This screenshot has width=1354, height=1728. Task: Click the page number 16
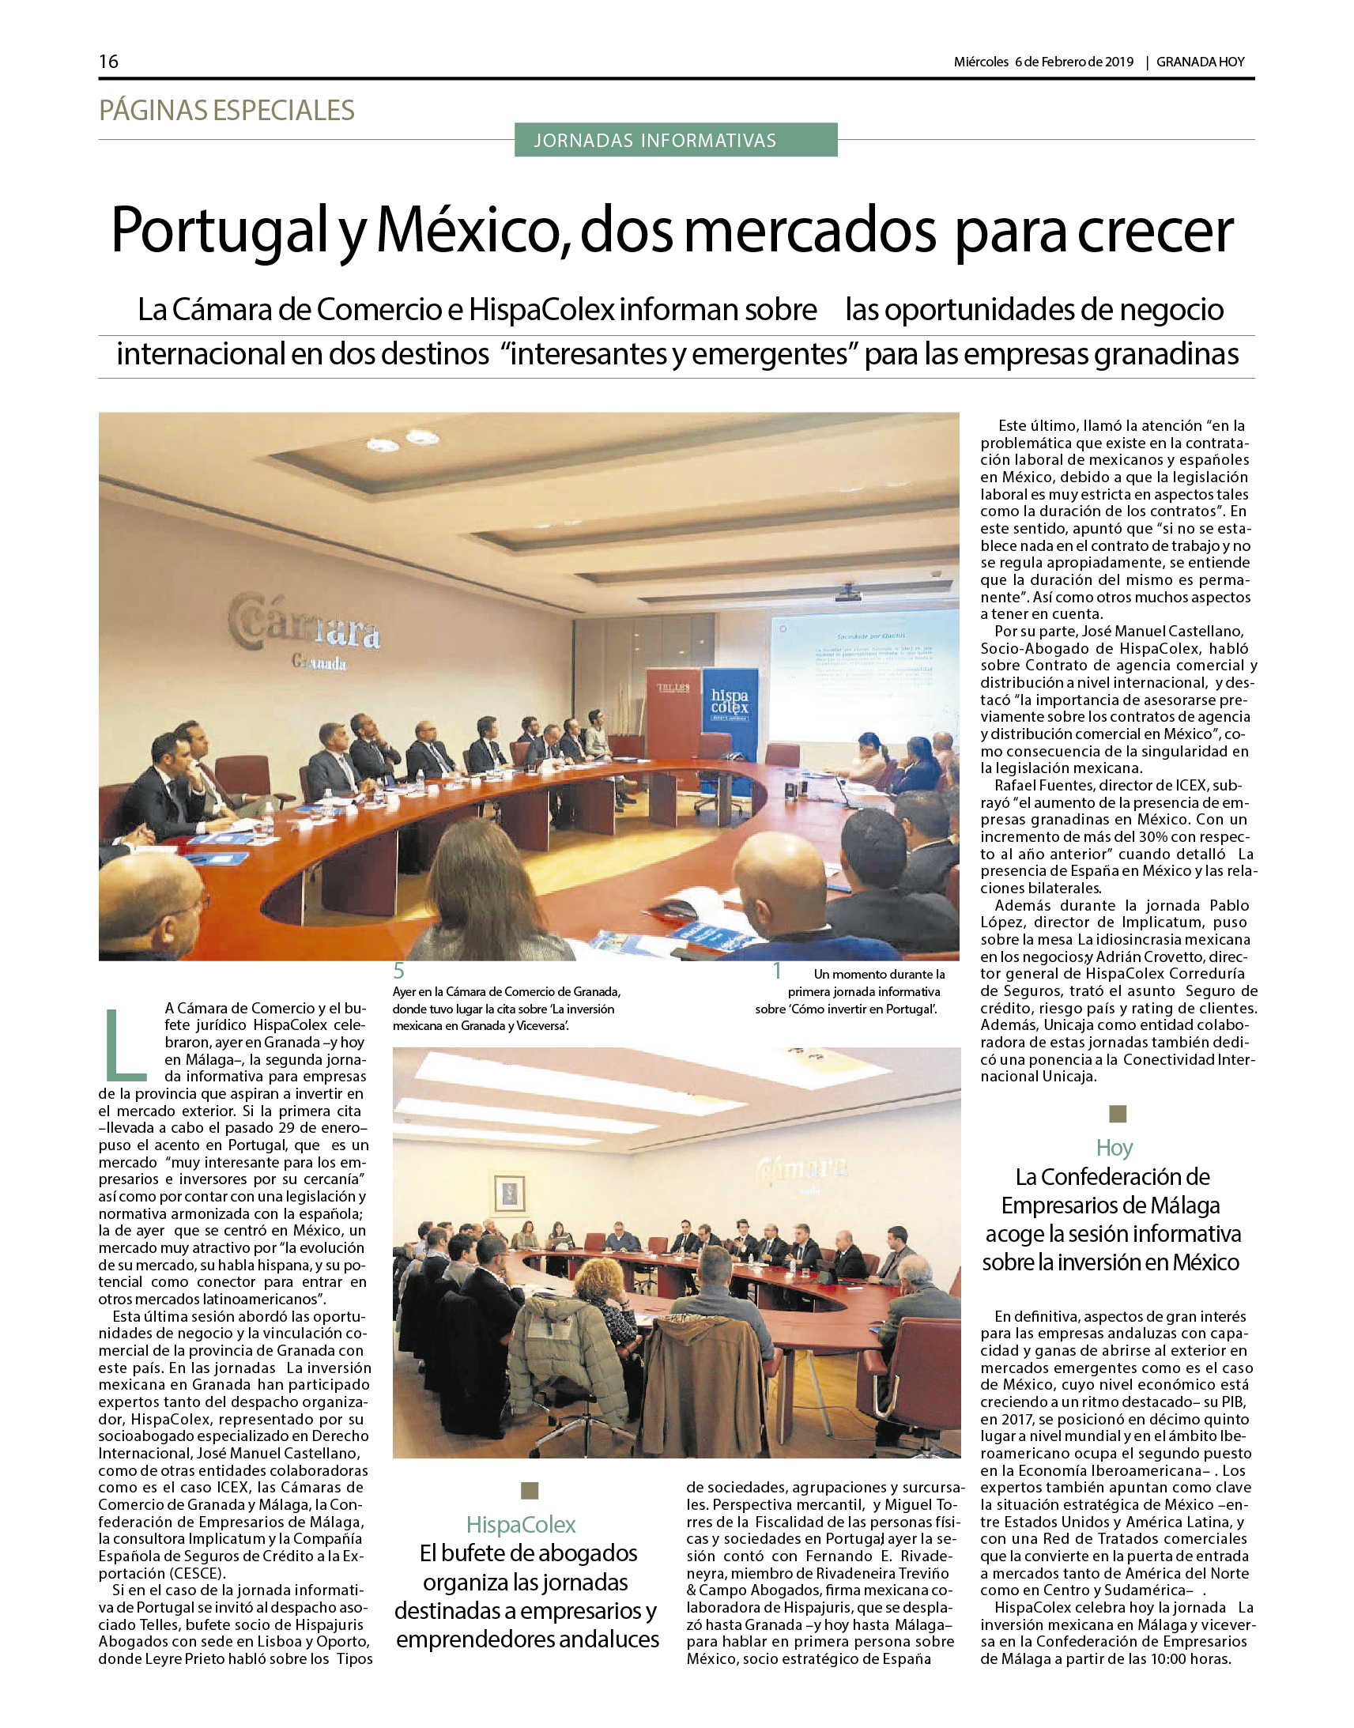coord(108,61)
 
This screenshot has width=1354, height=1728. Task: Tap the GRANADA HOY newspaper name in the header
coord(1200,62)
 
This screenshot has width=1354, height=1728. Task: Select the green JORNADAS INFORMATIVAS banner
coord(675,140)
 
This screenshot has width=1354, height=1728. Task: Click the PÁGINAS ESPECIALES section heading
coord(227,110)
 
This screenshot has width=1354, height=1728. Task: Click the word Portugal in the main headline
coord(219,231)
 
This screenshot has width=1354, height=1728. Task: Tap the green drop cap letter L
coord(125,1044)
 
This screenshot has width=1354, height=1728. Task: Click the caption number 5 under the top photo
coord(398,971)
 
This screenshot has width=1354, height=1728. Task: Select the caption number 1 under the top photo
coord(778,971)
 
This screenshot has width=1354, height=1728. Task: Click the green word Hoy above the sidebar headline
coord(1114,1148)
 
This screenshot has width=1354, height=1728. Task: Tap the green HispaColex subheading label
coord(521,1524)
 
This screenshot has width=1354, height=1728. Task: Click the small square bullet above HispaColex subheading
coord(530,1491)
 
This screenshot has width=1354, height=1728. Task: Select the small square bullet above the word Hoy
coord(1117,1114)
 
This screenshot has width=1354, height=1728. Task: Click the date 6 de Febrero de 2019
coord(1074,62)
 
